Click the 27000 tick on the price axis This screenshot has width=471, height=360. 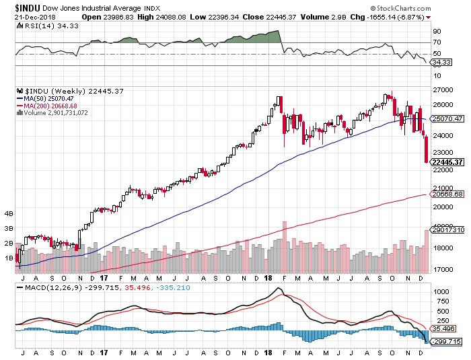[x=441, y=89]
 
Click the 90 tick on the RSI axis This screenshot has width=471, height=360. [x=437, y=32]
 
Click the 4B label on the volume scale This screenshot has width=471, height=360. [x=9, y=214]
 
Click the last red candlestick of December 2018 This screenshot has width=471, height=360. [x=427, y=149]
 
